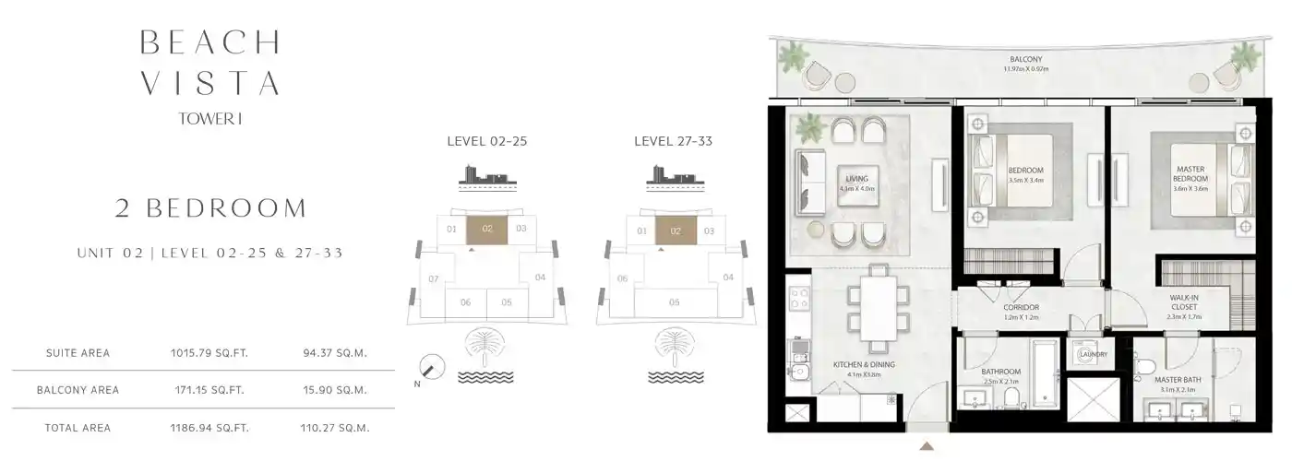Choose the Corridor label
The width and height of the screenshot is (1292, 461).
pyautogui.click(x=1021, y=308)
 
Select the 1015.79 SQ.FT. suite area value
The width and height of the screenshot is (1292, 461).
pyautogui.click(x=209, y=353)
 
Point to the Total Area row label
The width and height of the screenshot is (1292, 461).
pyautogui.click(x=78, y=428)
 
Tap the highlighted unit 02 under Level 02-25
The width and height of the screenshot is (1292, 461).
pyautogui.click(x=488, y=229)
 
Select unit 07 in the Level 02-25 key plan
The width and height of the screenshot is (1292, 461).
pyautogui.click(x=434, y=278)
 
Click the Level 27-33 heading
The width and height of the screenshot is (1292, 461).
pyautogui.click(x=673, y=142)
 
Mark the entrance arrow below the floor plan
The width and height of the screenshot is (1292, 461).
pyautogui.click(x=927, y=447)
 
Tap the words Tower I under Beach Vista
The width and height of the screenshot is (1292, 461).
pyautogui.click(x=210, y=118)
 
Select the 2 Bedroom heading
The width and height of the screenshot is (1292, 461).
pyautogui.click(x=210, y=208)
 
